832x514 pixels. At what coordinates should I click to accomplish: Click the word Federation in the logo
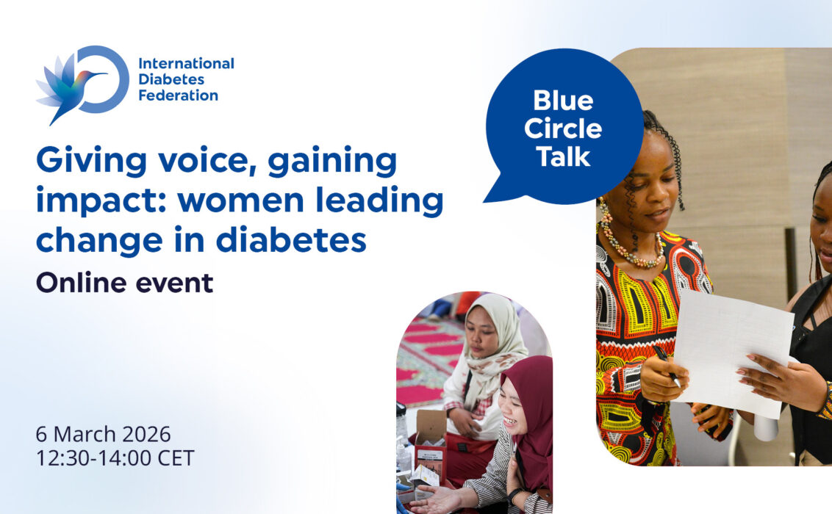[179, 96]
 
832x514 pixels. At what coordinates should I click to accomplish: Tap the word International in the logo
[186, 64]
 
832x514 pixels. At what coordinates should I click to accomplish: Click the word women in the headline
[243, 201]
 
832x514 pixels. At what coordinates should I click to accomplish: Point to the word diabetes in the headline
[291, 240]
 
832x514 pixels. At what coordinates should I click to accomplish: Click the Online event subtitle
[125, 283]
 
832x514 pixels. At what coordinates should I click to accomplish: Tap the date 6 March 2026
[104, 435]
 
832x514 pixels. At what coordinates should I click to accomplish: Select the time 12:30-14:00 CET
[115, 458]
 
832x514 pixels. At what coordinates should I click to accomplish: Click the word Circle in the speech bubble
[563, 128]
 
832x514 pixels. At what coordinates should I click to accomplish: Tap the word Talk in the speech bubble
[563, 157]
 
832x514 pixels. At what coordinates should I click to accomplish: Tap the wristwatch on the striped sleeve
[513, 496]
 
